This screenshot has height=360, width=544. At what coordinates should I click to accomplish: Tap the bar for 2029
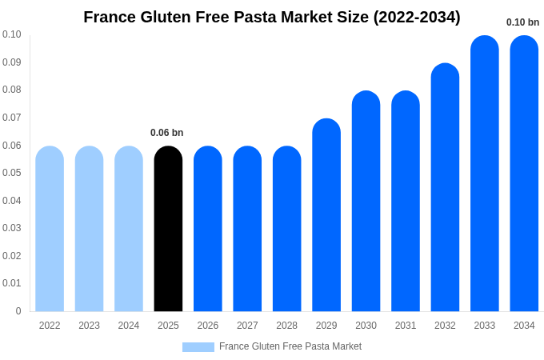click(326, 216)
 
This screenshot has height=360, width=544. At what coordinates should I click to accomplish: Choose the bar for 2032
click(445, 188)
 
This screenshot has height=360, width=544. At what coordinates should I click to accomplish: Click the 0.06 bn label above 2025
click(166, 133)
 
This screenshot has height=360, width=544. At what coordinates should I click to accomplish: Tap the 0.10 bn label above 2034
click(522, 22)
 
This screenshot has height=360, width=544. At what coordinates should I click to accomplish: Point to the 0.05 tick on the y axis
click(12, 173)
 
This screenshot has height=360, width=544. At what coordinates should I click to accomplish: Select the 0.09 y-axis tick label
click(12, 62)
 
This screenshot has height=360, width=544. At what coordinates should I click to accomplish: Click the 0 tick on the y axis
click(18, 311)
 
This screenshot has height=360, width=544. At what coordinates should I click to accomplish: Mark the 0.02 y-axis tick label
click(12, 256)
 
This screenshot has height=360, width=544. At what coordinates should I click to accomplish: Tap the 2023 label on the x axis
click(89, 326)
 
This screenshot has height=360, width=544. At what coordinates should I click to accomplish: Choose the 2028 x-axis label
click(286, 326)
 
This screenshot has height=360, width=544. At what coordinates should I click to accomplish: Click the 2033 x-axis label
click(484, 326)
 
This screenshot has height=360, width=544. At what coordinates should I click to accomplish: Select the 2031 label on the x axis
click(406, 326)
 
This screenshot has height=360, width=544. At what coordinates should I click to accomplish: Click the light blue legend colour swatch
click(198, 347)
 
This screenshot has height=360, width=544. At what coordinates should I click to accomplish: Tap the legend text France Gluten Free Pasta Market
click(290, 346)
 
